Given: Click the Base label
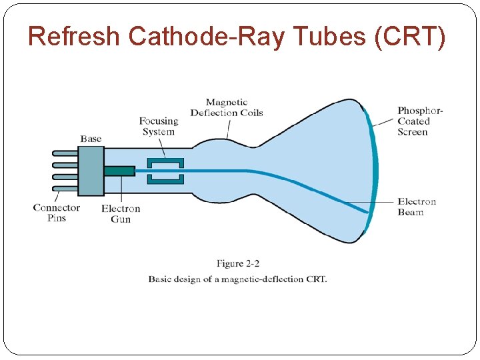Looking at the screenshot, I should pyautogui.click(x=91, y=139).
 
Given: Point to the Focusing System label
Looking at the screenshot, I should pyautogui.click(x=158, y=126).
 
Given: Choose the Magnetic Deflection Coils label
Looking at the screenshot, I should pyautogui.click(x=227, y=107).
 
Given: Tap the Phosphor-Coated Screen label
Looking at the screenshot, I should pyautogui.click(x=420, y=121).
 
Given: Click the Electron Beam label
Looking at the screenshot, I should pyautogui.click(x=417, y=207).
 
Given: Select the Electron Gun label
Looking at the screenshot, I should pyautogui.click(x=121, y=213).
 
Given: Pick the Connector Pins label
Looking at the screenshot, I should pyautogui.click(x=57, y=213).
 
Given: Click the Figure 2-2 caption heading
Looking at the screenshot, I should pyautogui.click(x=239, y=263).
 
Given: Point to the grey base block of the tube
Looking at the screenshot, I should pyautogui.click(x=91, y=171).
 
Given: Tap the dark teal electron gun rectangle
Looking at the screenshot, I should pyautogui.click(x=119, y=171).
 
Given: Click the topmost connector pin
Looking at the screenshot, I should pyautogui.click(x=65, y=153).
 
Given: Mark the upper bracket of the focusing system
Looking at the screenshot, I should pyautogui.click(x=165, y=163).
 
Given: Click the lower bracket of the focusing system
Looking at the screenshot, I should pyautogui.click(x=165, y=179).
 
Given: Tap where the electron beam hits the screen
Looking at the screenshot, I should pyautogui.click(x=367, y=213).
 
